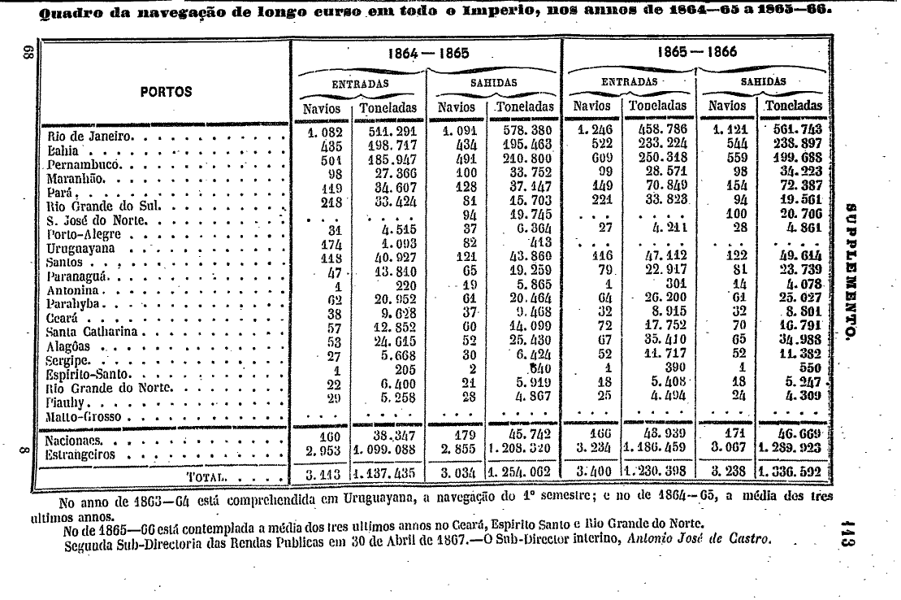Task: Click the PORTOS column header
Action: [165, 92]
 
